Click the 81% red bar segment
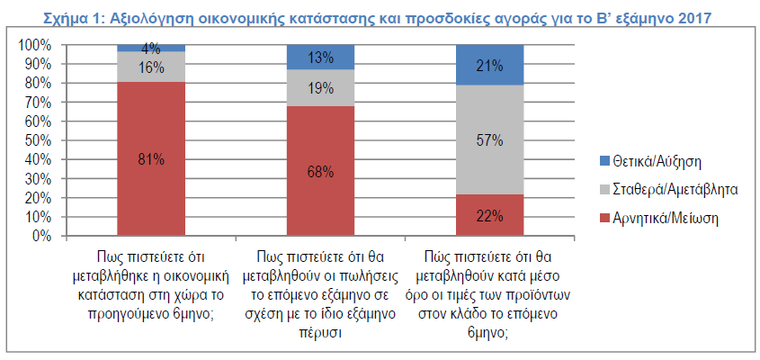[x=151, y=159]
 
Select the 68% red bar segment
[x=321, y=171]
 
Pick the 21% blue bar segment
[x=490, y=65]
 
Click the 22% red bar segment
[x=490, y=215]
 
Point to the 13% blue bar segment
[x=321, y=58]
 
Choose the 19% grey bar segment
[x=321, y=88]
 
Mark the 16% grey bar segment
[x=151, y=67]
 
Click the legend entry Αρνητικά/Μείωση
[x=662, y=218]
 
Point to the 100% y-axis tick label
[x=34, y=45]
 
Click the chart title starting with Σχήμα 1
[x=380, y=16]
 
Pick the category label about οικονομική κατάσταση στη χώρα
[x=151, y=280]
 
